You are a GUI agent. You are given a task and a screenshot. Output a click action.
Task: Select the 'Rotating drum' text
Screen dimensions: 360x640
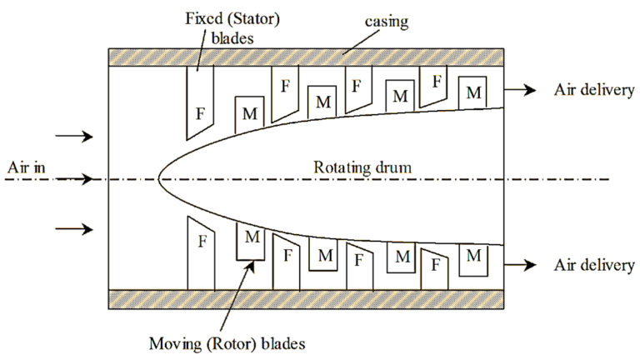point(362,167)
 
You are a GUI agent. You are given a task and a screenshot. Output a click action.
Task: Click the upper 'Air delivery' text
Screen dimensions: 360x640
point(594,91)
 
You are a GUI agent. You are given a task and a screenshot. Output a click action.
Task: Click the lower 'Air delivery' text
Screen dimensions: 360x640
point(594,265)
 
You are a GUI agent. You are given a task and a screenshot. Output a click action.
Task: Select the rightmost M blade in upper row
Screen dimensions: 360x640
point(473,92)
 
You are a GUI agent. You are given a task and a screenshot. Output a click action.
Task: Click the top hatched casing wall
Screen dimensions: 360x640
point(307,57)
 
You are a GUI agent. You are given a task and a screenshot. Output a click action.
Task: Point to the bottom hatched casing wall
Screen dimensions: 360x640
point(307,299)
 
